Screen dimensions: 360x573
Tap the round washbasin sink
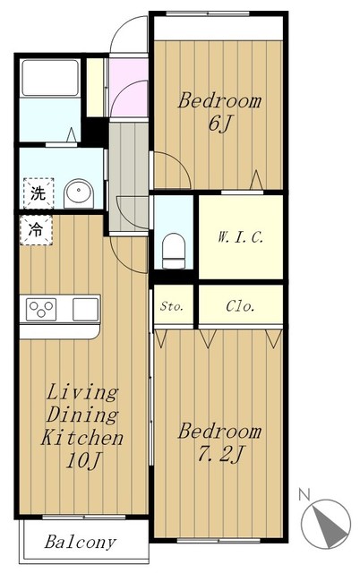pyautogui.click(x=79, y=193)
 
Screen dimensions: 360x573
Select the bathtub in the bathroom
pyautogui.click(x=50, y=78)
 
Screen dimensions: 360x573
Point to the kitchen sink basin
pyautogui.click(x=86, y=310)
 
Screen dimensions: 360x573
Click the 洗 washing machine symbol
pyautogui.click(x=39, y=193)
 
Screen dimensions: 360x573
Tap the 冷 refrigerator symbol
pyautogui.click(x=36, y=230)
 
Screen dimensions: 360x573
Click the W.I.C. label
pyautogui.click(x=240, y=237)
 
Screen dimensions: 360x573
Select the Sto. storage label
pyautogui.click(x=171, y=306)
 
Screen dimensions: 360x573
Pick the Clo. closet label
pyautogui.click(x=240, y=306)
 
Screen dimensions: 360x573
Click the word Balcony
pyautogui.click(x=81, y=542)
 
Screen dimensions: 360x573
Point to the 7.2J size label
pyautogui.click(x=220, y=455)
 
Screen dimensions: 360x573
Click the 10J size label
pyautogui.click(x=83, y=461)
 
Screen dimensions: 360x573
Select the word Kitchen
pyautogui.click(x=81, y=438)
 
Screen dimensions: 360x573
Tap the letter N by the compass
pyautogui.click(x=304, y=494)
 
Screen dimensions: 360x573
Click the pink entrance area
pyautogui.click(x=129, y=87)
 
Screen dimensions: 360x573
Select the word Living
pyautogui.click(x=82, y=393)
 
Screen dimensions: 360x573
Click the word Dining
pyautogui.click(x=82, y=415)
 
